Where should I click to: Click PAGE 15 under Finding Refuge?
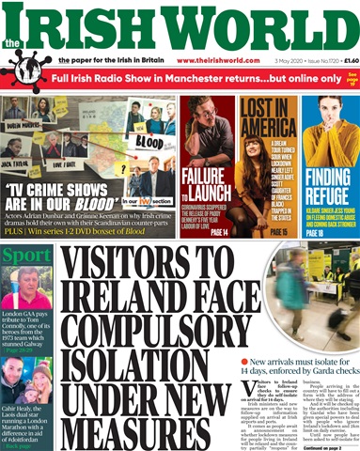point(312,232)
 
